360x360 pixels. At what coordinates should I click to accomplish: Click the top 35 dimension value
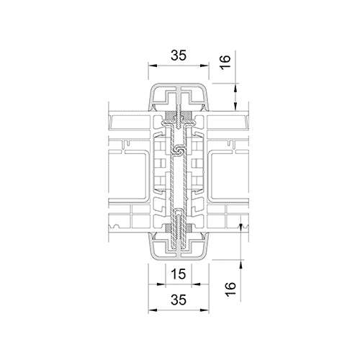(179, 54)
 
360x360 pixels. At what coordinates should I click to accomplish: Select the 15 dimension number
(178, 273)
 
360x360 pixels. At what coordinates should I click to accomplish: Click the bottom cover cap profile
(179, 249)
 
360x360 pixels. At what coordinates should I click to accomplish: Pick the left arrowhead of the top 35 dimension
(150, 64)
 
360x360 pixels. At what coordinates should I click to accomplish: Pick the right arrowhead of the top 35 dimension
(207, 64)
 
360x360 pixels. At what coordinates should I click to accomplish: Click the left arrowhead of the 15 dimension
(168, 284)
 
